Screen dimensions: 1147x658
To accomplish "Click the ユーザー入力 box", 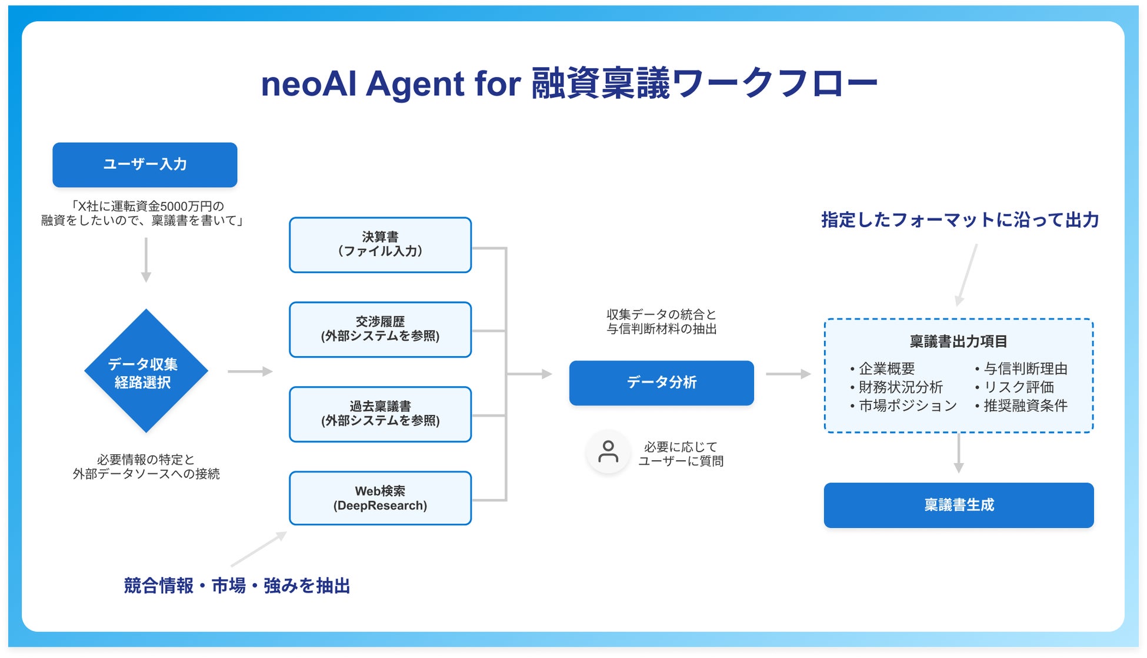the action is pos(145,165).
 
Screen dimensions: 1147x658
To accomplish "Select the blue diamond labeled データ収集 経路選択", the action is pos(146,371).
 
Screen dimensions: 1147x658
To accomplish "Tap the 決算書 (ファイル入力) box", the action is pos(380,245).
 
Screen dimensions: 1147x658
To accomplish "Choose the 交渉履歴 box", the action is pos(380,330).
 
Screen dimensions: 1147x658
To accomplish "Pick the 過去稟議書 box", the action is pos(380,414).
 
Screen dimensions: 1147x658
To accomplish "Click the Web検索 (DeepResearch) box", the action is pos(380,499).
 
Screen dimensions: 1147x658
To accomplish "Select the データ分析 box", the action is pos(661,383).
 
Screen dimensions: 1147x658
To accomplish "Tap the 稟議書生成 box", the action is pos(958,506).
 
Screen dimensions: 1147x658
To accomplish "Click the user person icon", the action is pos(608,452).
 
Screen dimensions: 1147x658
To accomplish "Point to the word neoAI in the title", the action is pos(309,84).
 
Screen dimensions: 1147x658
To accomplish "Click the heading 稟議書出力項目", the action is pos(958,341).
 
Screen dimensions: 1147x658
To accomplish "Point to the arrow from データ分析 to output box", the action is pos(788,374).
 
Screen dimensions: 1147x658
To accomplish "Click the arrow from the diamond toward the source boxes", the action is pos(250,371).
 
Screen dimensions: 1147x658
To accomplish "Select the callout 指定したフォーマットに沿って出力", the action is pos(960,220).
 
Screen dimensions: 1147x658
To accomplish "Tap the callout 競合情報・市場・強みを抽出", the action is pos(237,586).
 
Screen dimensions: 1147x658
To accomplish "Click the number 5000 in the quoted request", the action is pos(174,207).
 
